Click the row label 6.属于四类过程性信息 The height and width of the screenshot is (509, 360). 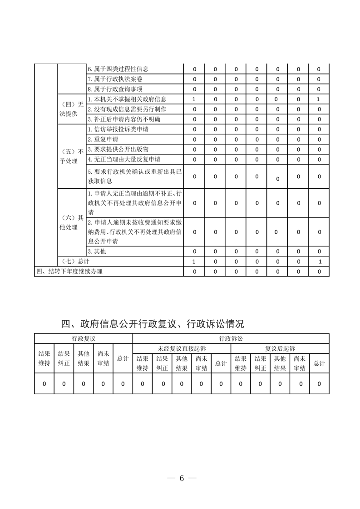(118, 69)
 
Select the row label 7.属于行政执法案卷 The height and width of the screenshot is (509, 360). (115, 79)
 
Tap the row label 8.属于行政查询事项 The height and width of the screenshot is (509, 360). (115, 89)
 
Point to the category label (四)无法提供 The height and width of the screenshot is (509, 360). (72, 109)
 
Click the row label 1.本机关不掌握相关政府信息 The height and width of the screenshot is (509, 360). (127, 99)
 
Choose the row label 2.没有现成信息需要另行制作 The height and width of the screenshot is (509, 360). (127, 109)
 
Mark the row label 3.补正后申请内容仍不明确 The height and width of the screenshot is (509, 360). (124, 119)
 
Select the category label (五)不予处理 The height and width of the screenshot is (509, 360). (72, 156)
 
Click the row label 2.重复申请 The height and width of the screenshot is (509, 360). (103, 139)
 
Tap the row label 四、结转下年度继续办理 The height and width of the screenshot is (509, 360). (69, 272)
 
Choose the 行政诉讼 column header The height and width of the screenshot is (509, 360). (231, 338)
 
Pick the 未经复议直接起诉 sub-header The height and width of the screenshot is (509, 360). (182, 348)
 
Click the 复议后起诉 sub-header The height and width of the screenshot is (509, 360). (280, 348)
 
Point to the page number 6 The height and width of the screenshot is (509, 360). (181, 478)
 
